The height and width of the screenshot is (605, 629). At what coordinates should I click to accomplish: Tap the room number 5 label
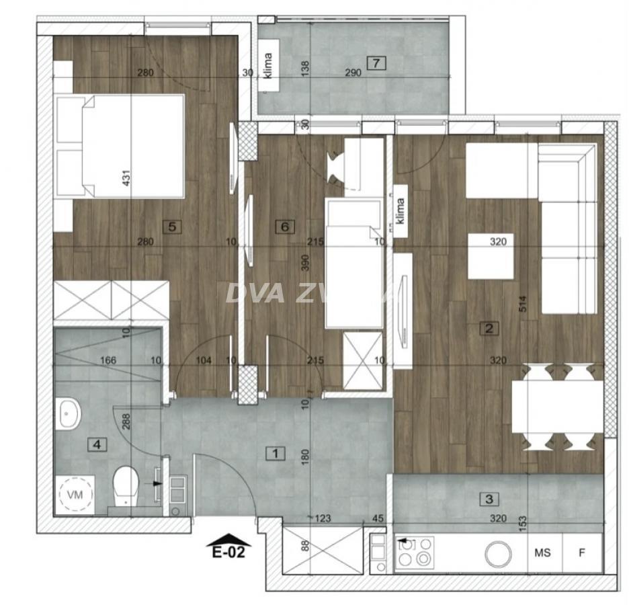tap(173, 227)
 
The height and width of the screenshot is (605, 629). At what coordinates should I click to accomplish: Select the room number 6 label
tap(285, 227)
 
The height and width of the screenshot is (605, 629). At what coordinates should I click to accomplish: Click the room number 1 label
tap(275, 453)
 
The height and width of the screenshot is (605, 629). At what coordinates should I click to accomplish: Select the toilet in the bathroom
tap(125, 486)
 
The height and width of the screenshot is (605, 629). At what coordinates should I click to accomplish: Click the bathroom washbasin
tap(67, 413)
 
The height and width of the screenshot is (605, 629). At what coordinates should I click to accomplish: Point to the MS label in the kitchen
tap(542, 553)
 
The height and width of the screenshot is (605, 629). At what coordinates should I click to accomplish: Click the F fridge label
tap(582, 553)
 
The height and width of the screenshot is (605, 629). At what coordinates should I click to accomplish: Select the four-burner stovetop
tap(415, 553)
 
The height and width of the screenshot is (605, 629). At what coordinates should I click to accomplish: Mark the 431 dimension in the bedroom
tap(126, 177)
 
